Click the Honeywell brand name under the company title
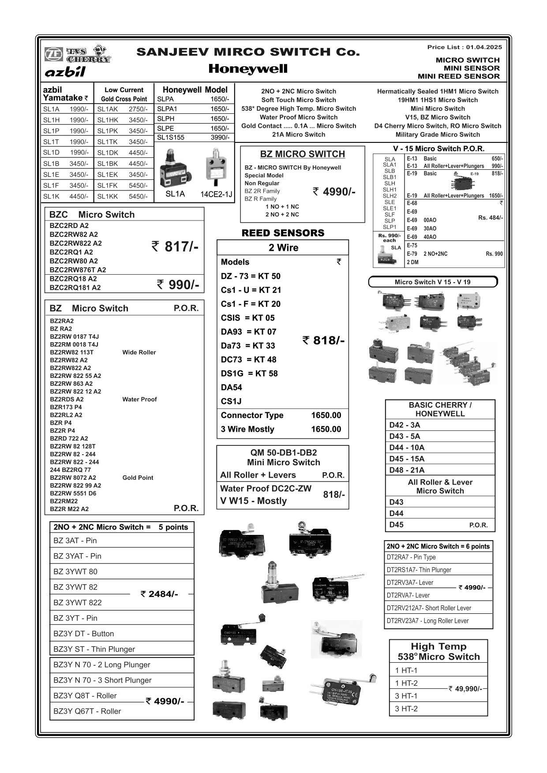(248, 69)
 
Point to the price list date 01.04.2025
(484, 47)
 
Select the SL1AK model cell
(108, 109)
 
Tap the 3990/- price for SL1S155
(220, 137)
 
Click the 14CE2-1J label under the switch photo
(216, 194)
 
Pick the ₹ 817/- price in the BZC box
(175, 246)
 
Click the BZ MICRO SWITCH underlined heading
(303, 154)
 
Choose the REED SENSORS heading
(283, 233)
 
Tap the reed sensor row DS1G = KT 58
(249, 373)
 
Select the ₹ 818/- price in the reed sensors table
(323, 340)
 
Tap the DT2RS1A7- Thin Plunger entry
(419, 570)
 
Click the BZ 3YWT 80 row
(75, 571)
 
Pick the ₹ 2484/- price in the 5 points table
(159, 594)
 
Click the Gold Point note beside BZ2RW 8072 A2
(138, 478)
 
